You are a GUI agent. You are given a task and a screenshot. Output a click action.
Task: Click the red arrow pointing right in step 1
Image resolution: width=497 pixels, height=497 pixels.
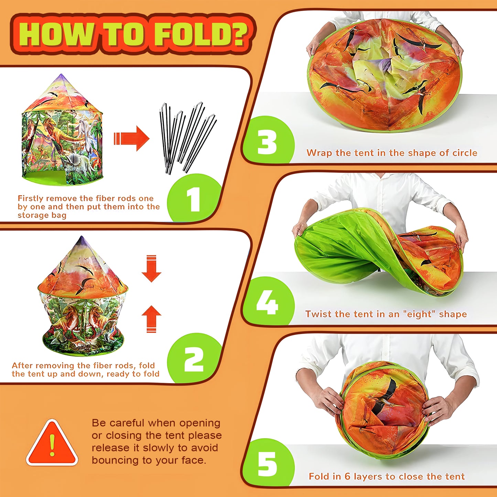tap(131, 138)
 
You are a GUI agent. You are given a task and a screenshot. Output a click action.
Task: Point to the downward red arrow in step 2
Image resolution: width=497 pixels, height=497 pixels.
tap(151, 268)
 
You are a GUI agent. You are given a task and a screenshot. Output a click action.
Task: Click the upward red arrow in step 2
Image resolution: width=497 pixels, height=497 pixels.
tap(151, 319)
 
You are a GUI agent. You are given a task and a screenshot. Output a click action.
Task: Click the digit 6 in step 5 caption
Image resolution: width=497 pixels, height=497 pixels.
tap(347, 476)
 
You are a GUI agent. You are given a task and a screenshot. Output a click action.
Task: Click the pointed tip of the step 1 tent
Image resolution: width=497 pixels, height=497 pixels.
tap(61, 74)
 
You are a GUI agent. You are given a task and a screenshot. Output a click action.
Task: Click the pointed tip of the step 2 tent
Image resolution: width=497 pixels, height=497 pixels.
tap(82, 237)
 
